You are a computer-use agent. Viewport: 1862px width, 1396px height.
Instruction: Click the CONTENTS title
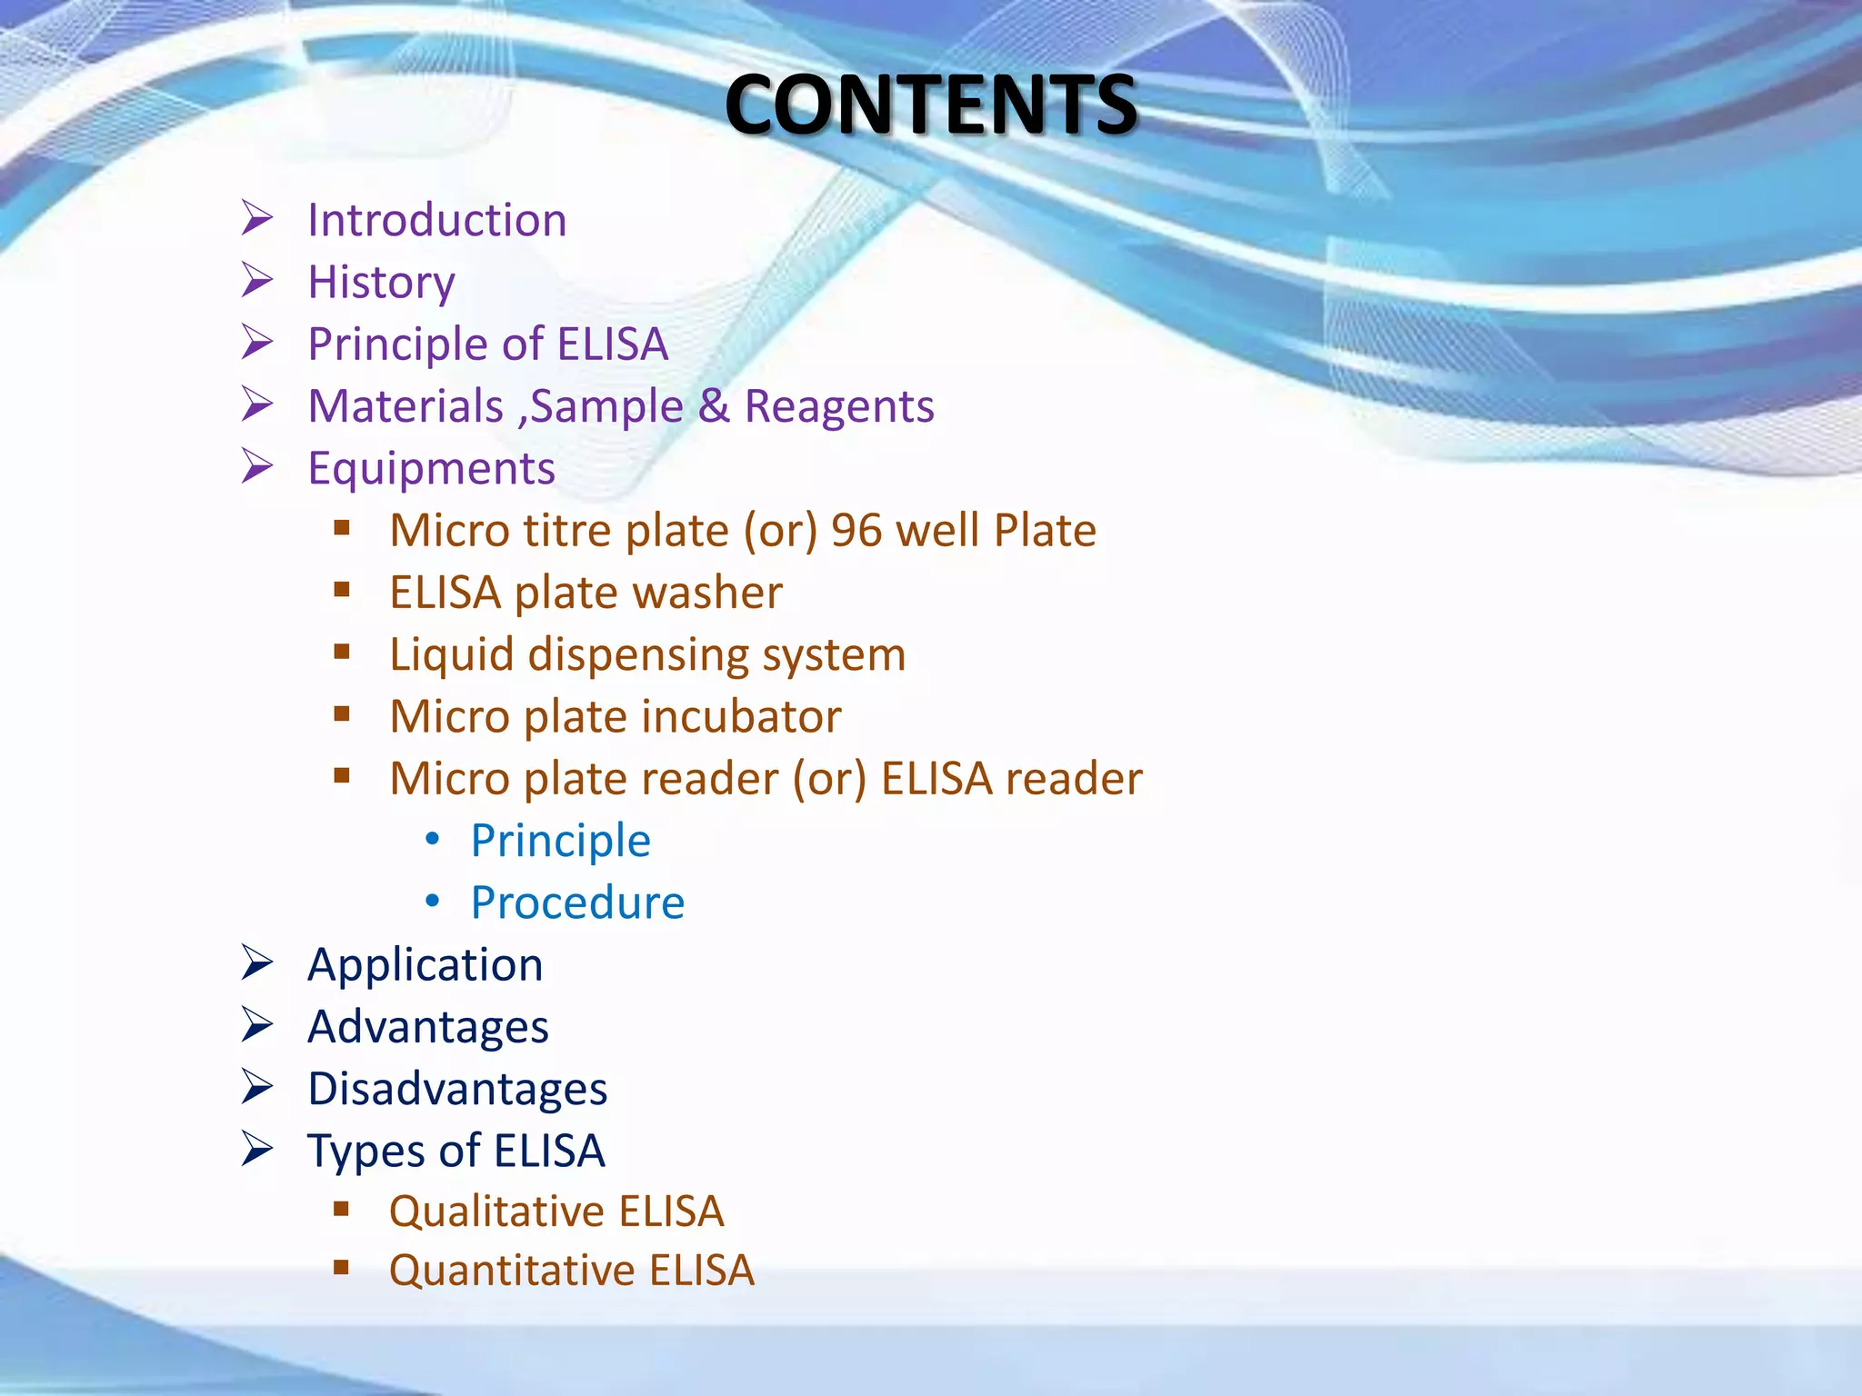(x=930, y=105)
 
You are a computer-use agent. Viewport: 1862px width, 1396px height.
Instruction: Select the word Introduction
(x=436, y=221)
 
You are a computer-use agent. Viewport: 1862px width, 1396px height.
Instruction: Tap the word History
(x=381, y=283)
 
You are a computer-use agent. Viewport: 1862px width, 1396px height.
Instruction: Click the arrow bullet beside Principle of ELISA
(x=257, y=343)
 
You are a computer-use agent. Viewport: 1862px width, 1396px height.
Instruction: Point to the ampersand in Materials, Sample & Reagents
(x=714, y=406)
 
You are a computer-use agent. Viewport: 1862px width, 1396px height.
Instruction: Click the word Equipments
(x=431, y=470)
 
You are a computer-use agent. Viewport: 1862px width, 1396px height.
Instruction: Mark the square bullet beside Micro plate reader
(x=342, y=776)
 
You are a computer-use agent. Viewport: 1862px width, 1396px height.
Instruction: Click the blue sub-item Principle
(x=560, y=842)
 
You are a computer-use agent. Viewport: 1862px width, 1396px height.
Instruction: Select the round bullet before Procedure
(x=433, y=901)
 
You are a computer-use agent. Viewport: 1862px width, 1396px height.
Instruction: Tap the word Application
(x=425, y=965)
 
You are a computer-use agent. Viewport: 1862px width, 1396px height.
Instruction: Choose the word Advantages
(x=427, y=1028)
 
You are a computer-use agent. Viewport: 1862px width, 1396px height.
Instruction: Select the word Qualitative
(x=496, y=1212)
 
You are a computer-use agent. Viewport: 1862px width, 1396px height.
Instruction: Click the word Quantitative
(x=511, y=1271)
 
